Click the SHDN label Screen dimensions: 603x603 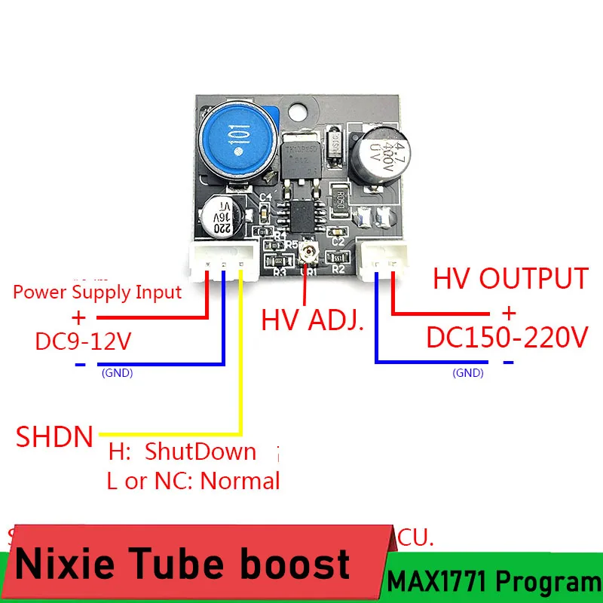55,436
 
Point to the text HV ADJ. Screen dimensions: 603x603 313,322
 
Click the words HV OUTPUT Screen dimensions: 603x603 510,279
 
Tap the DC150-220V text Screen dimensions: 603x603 507,338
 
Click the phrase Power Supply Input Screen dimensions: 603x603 98,292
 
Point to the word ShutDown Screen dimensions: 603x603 200,452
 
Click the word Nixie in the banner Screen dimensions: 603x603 65,565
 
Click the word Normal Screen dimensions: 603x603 240,481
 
